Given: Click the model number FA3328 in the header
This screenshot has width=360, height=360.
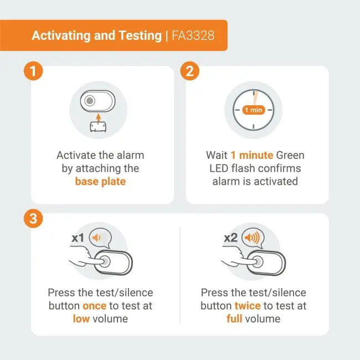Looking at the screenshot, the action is click(193, 35).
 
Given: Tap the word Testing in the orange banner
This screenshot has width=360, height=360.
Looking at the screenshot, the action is click(140, 35).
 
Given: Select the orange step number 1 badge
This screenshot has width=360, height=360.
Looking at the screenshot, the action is click(33, 70).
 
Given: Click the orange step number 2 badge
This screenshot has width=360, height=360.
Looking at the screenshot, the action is click(189, 70).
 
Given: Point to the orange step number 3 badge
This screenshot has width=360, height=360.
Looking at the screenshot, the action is click(33, 218).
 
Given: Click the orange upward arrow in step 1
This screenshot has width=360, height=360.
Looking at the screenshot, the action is click(99, 117).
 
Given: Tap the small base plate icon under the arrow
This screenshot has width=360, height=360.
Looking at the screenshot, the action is click(98, 127).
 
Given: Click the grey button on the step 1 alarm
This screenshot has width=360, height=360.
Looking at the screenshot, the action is click(90, 101).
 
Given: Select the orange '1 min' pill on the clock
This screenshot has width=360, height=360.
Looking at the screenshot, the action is click(254, 110).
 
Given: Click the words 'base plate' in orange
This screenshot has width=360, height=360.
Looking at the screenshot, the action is click(100, 181).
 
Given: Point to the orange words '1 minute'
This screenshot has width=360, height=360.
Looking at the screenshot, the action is click(251, 155).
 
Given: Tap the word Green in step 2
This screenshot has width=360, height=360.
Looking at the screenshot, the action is click(290, 155).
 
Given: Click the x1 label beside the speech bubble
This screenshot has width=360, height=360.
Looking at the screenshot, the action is click(78, 238).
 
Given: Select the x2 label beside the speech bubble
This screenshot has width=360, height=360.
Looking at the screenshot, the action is click(230, 238).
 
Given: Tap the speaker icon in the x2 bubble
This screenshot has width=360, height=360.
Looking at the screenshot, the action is click(252, 238).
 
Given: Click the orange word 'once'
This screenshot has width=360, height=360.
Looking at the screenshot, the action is click(94, 306).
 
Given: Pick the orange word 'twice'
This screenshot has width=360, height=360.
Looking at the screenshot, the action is click(248, 306).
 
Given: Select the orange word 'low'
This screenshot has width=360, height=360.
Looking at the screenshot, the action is click(81, 318).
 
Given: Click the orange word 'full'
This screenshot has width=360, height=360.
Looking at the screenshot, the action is click(234, 318).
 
